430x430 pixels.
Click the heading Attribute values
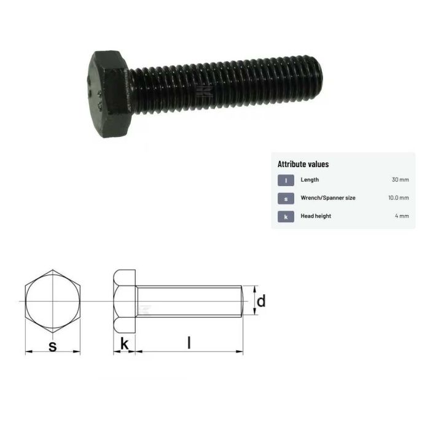pyautogui.click(x=303, y=164)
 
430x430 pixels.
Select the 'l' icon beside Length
pyautogui.click(x=286, y=180)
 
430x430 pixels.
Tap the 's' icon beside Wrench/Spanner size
pyautogui.click(x=286, y=198)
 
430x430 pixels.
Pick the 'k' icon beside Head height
pyautogui.click(x=286, y=216)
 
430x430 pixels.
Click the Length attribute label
pyautogui.click(x=310, y=180)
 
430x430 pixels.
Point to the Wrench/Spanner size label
pyautogui.click(x=327, y=198)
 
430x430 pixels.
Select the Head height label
pyautogui.click(x=316, y=216)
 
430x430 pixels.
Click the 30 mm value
pyautogui.click(x=400, y=180)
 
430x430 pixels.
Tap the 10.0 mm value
pyautogui.click(x=397, y=198)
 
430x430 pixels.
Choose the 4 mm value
pyautogui.click(x=402, y=216)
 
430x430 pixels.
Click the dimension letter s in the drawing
pyautogui.click(x=52, y=346)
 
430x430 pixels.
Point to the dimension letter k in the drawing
pyautogui.click(x=125, y=345)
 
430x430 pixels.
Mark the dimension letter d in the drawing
pyautogui.click(x=261, y=301)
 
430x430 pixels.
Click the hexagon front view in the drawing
pyautogui.click(x=52, y=301)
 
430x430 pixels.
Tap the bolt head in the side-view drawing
pyautogui.click(x=125, y=301)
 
